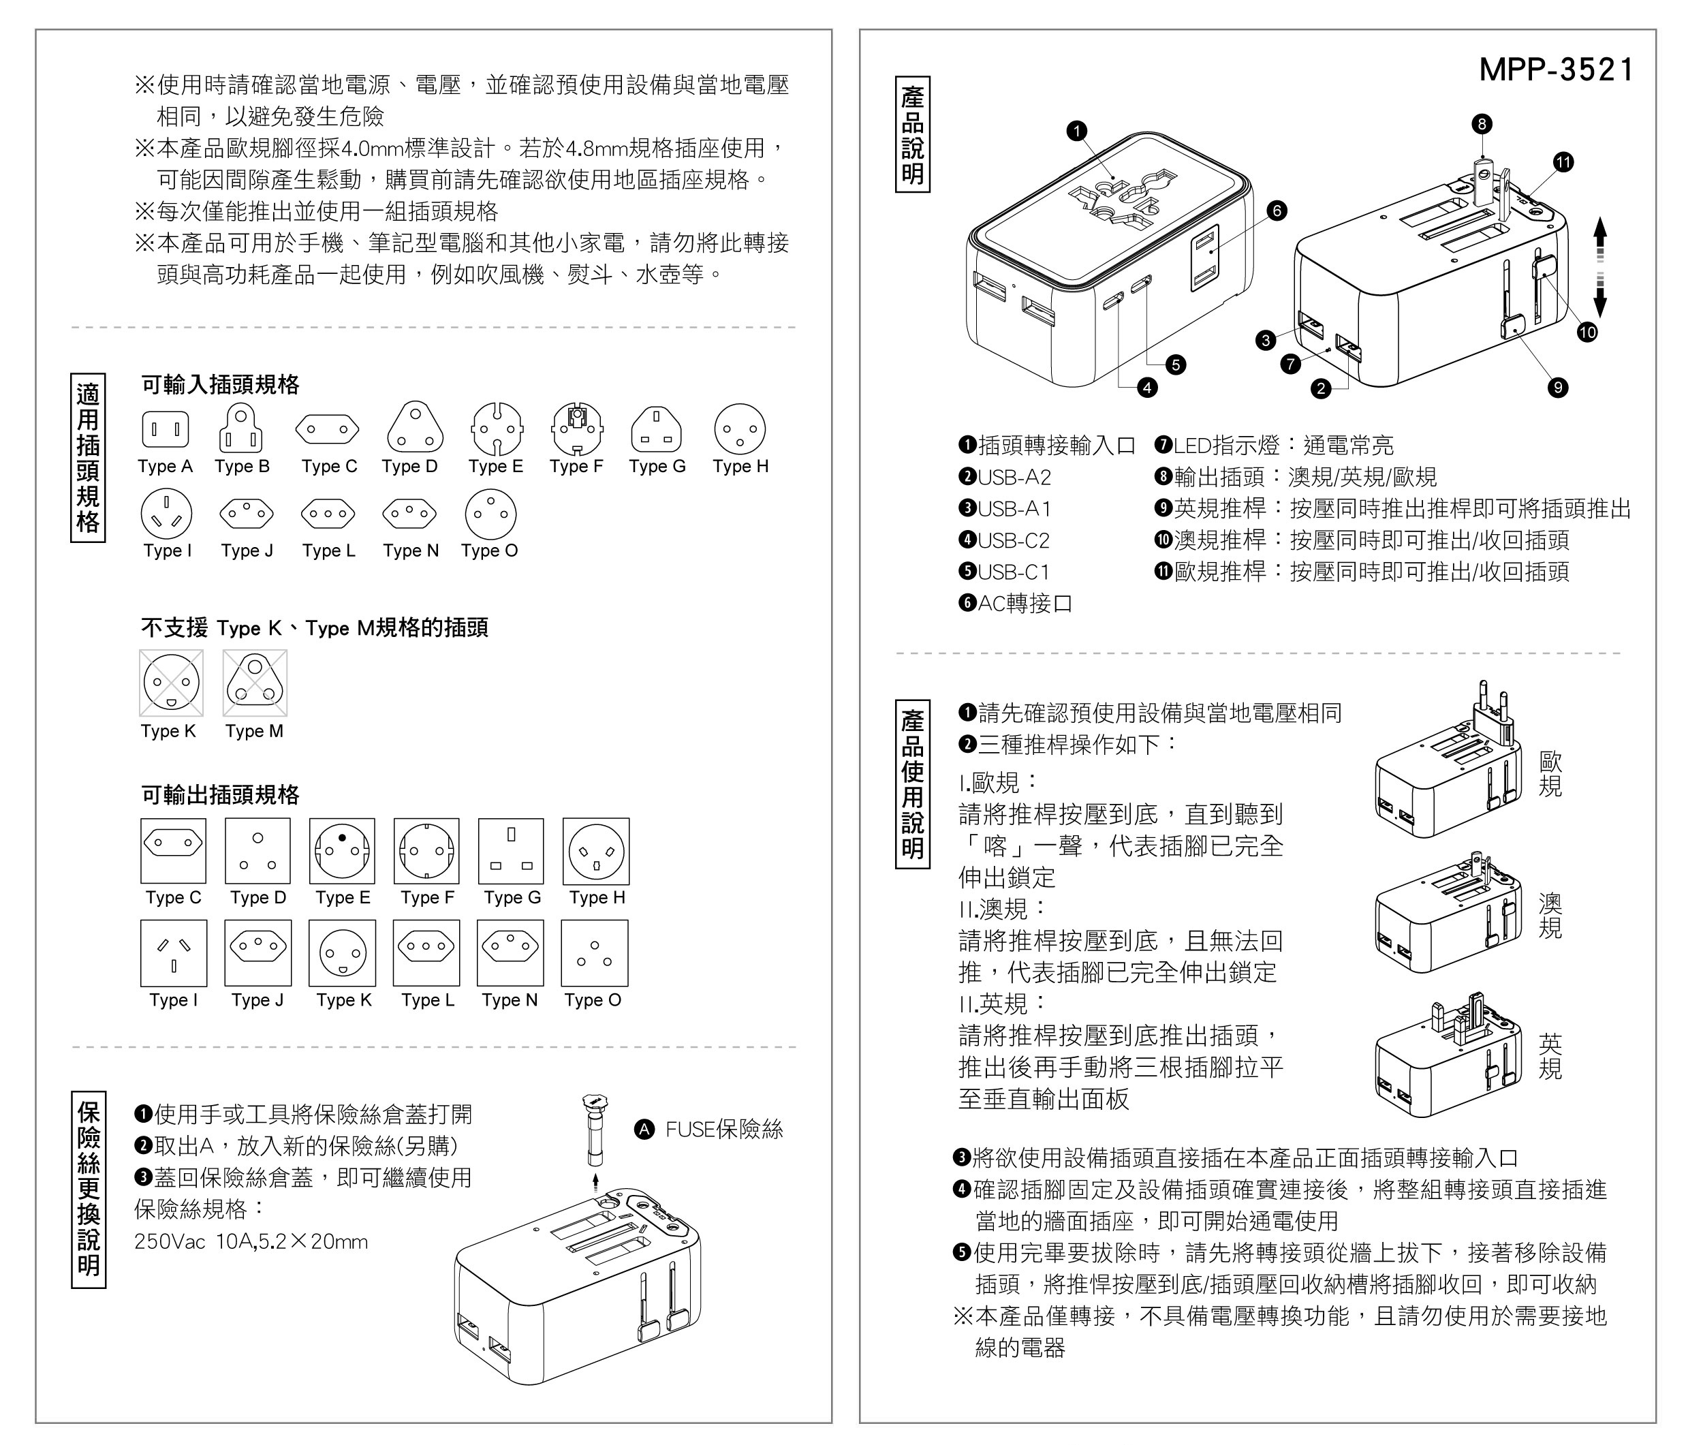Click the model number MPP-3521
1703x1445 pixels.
click(x=1556, y=69)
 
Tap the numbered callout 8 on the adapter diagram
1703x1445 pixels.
click(x=1481, y=124)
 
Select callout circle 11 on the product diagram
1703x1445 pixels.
click(x=1564, y=162)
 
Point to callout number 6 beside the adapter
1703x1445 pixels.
click(x=1277, y=211)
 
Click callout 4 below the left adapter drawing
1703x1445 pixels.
click(x=1148, y=387)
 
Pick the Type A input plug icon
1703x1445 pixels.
click(x=166, y=429)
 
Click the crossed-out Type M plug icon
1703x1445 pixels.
click(x=255, y=683)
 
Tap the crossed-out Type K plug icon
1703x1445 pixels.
click(x=171, y=683)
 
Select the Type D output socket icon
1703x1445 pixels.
click(x=257, y=850)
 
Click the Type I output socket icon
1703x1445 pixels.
click(x=174, y=952)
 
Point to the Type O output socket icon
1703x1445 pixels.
click(x=595, y=952)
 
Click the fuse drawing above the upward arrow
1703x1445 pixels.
click(x=595, y=1129)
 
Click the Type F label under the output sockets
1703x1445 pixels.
click(x=428, y=898)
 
